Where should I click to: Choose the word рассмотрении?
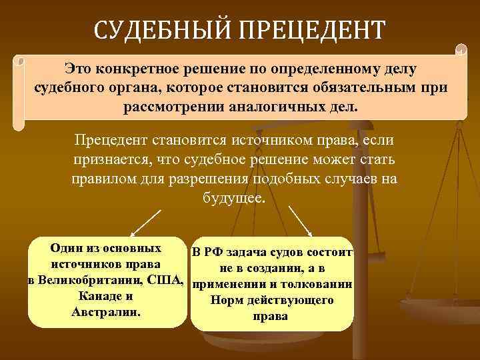point(173,107)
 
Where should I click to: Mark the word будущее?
point(233,199)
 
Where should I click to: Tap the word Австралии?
point(106,312)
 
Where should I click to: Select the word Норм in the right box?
point(224,301)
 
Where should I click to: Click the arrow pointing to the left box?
point(146,223)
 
